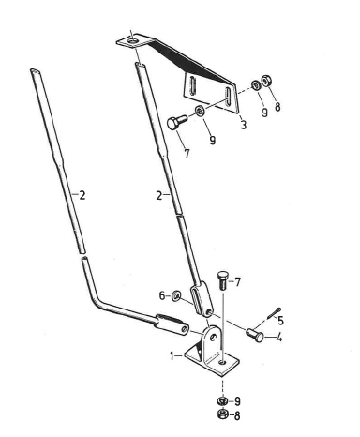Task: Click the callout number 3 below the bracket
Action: tap(244, 125)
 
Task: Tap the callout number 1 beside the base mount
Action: tap(172, 355)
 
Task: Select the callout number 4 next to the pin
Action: tap(279, 338)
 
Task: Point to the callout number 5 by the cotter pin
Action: tap(280, 321)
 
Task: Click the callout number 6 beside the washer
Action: tap(162, 295)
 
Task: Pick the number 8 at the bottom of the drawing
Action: tap(237, 415)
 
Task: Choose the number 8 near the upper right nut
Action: tap(277, 107)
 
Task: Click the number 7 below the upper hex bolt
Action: tap(187, 154)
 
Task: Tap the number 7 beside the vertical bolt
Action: tap(237, 282)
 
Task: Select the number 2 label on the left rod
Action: tap(82, 195)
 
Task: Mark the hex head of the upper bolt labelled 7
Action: tap(172, 123)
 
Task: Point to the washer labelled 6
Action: tap(176, 295)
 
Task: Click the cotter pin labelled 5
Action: tap(274, 313)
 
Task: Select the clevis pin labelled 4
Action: tap(255, 335)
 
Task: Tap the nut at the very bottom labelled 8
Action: tap(222, 414)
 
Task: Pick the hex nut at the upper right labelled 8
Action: tap(266, 81)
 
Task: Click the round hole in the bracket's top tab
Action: tap(133, 40)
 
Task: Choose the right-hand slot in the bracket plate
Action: tap(228, 98)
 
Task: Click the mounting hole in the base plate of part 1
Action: tap(222, 362)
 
